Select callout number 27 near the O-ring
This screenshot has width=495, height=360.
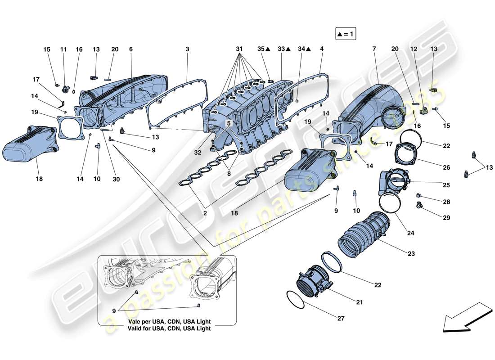point(341,319)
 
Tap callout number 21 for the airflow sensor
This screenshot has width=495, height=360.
point(359,302)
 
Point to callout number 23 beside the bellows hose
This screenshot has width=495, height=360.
point(411,253)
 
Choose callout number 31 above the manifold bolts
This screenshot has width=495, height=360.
point(238,48)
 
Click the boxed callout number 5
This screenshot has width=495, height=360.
point(229,122)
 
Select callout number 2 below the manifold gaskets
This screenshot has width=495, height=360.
point(205,214)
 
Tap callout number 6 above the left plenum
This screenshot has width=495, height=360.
point(131,49)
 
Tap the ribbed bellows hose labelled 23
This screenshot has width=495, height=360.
point(362,234)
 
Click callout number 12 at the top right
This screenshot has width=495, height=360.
point(413,49)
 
